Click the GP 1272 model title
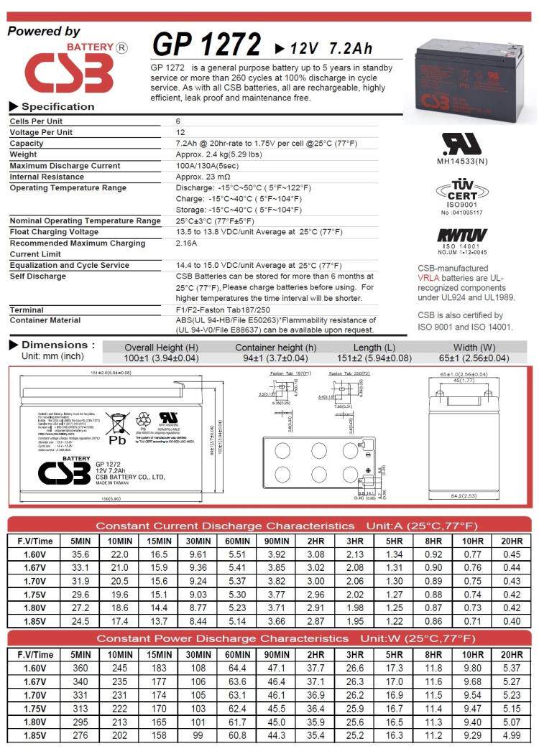tap(206, 45)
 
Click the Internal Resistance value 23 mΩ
tap(203, 177)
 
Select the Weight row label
tap(23, 154)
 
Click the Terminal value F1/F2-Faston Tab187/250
tap(229, 309)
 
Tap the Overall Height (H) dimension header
tap(161, 348)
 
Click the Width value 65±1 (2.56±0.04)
tap(474, 358)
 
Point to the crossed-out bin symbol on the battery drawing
tap(116, 424)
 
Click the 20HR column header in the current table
tap(512, 541)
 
